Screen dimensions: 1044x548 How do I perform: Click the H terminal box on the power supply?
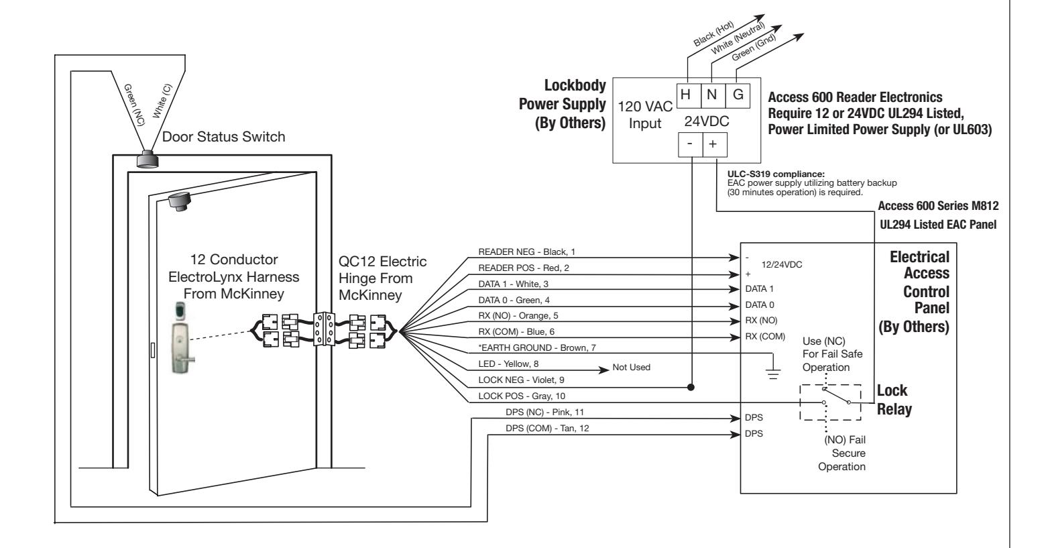pos(689,96)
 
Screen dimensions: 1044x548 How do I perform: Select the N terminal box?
pos(713,96)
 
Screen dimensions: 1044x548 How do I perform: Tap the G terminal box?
pos(738,96)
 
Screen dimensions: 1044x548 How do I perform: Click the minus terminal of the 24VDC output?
pos(690,144)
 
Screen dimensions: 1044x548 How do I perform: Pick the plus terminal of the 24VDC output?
pos(715,144)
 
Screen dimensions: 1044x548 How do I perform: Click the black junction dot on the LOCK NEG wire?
pos(691,387)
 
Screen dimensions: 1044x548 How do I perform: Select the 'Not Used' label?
pos(631,367)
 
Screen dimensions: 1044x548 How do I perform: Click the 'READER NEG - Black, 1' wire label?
pos(526,252)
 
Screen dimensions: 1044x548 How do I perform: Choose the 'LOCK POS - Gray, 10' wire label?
pos(522,396)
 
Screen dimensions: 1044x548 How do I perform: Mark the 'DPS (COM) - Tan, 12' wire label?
pos(547,428)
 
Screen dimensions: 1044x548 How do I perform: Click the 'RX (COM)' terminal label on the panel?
pos(765,336)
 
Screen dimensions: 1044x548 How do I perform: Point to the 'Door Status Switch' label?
pos(223,137)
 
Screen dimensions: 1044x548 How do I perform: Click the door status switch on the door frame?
pos(148,159)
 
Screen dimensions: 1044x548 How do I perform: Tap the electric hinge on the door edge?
pos(323,329)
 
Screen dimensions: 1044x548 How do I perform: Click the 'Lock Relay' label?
pos(894,400)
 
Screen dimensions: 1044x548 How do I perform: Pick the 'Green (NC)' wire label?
pos(134,105)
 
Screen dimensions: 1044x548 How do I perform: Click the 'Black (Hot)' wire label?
pos(713,34)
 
